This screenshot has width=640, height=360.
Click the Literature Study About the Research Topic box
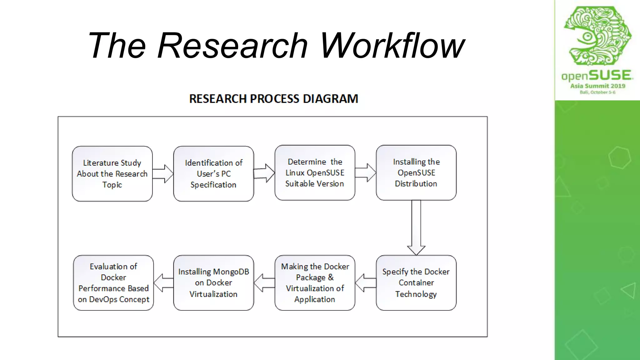point(112,174)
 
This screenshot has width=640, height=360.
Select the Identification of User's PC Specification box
point(213,174)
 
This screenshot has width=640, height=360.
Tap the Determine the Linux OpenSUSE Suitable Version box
point(315,172)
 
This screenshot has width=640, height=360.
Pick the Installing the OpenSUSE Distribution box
point(416,172)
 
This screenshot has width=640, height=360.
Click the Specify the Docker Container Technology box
point(416,283)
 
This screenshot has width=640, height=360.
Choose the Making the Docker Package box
point(315,283)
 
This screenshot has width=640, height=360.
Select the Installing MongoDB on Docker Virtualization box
point(213,283)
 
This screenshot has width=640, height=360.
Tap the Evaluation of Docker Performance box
point(113,283)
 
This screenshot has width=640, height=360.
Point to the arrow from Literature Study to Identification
point(163,174)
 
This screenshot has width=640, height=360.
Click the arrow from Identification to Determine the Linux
point(264,173)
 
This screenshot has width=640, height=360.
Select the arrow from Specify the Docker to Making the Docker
point(365,283)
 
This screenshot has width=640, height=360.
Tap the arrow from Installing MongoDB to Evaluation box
point(163,283)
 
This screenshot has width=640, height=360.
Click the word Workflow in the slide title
point(392,46)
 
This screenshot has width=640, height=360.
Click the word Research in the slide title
point(232,46)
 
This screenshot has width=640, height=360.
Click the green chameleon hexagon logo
point(597,36)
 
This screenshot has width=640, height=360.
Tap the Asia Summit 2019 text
point(597,86)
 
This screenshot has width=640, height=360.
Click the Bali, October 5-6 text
point(597,92)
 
